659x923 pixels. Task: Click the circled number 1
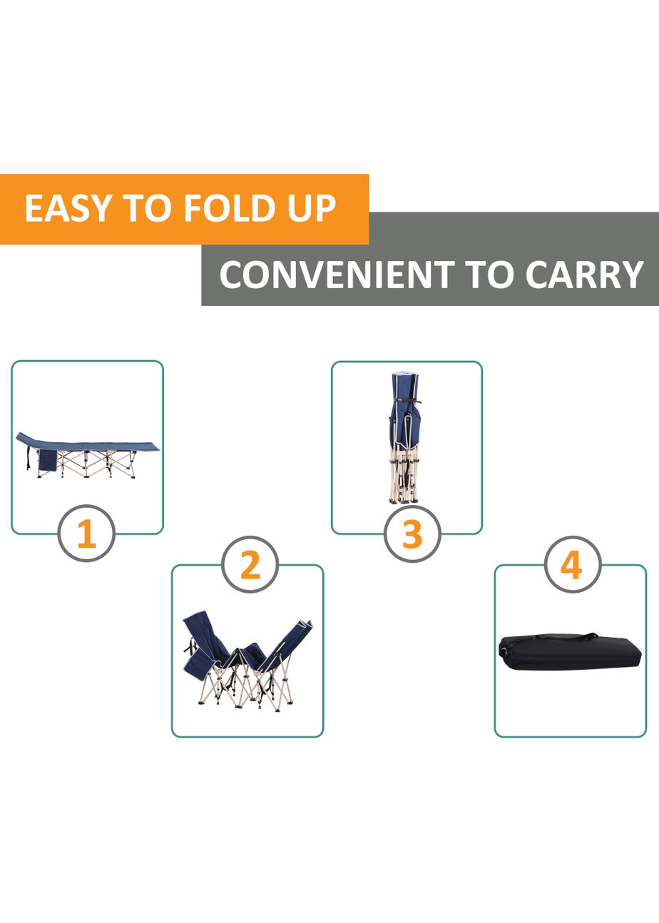click(86, 534)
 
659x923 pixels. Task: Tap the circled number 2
click(250, 565)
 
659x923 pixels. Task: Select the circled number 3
click(412, 534)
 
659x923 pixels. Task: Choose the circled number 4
click(572, 565)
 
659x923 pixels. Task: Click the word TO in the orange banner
click(146, 208)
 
